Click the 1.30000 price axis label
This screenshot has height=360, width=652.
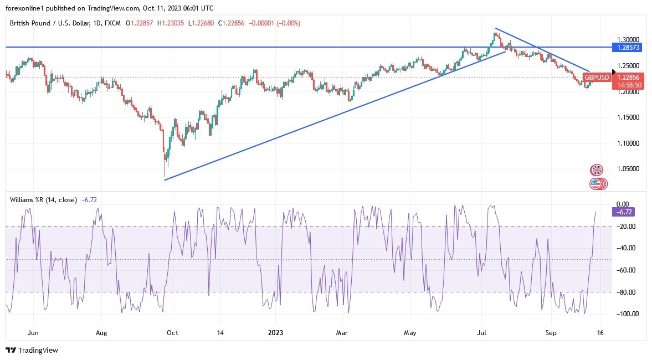click(x=628, y=40)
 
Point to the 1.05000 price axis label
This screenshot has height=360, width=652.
click(x=628, y=169)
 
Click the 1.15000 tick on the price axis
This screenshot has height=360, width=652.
click(x=628, y=117)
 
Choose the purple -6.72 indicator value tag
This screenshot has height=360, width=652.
click(x=623, y=212)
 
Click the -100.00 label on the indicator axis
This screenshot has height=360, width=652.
click(x=627, y=314)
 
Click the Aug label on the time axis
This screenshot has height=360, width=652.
click(x=100, y=333)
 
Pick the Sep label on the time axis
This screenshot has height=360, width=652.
click(x=550, y=333)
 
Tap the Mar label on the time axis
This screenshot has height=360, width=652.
click(x=342, y=333)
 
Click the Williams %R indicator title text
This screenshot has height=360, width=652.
click(x=42, y=199)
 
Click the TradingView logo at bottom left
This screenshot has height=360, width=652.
click(x=32, y=350)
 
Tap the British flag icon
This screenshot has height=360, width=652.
click(x=596, y=170)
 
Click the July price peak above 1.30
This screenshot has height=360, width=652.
click(x=496, y=34)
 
